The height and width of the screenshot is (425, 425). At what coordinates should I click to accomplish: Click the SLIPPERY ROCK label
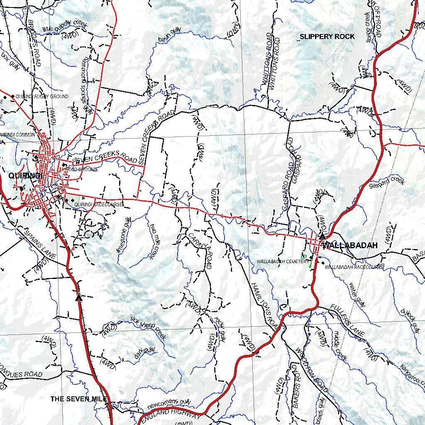(x=327, y=37)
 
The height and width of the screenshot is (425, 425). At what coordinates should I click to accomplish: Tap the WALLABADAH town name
(x=350, y=245)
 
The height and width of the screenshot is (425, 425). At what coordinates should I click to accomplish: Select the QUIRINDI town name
(x=25, y=176)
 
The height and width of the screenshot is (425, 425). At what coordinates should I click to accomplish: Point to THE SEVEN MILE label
(x=79, y=399)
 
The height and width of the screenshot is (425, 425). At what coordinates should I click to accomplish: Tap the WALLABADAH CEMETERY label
(x=282, y=262)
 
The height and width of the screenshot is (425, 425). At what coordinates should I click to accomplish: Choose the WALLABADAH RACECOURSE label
(x=354, y=267)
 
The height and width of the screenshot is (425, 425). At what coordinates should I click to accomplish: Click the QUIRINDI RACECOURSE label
(x=99, y=205)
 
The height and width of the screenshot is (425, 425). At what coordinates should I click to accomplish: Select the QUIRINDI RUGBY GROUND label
(x=42, y=96)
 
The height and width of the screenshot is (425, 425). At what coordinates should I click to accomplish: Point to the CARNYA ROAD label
(x=200, y=251)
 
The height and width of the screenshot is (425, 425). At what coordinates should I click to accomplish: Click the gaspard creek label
(x=386, y=182)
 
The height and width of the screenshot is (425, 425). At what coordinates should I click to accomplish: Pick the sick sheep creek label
(x=148, y=328)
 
